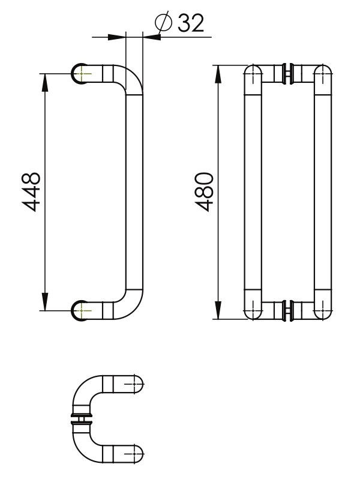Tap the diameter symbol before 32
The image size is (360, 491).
163,23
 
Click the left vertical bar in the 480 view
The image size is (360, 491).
253,192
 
